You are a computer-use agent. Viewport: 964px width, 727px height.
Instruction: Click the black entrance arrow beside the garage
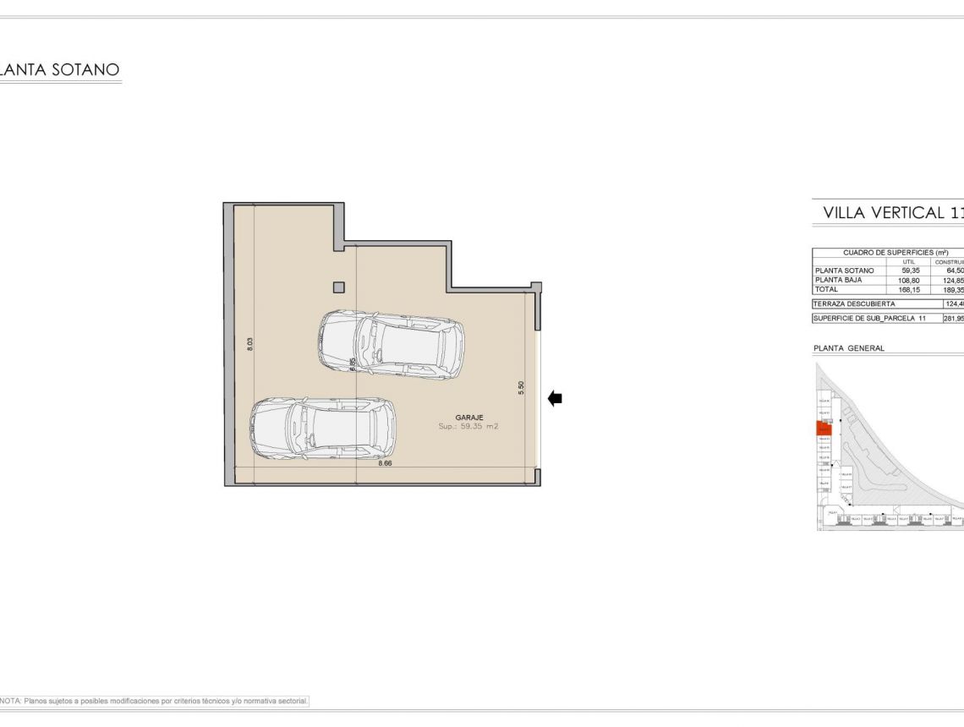point(556,399)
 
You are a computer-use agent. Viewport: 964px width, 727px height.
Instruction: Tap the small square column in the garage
point(338,287)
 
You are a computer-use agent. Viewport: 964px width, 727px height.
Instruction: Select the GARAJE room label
point(469,418)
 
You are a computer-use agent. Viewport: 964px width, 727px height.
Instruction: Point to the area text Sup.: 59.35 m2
point(468,428)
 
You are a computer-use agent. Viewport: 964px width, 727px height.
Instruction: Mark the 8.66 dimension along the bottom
point(386,464)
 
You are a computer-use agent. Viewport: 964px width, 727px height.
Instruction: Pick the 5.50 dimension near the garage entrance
point(522,386)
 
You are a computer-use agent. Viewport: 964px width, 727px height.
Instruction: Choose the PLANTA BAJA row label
point(837,280)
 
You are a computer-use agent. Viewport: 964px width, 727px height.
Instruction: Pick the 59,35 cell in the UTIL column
point(910,271)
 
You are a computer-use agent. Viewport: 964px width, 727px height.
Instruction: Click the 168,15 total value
point(910,289)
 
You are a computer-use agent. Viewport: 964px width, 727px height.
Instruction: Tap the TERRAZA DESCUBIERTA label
point(854,303)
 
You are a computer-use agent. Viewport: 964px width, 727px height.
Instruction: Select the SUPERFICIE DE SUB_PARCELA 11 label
point(869,319)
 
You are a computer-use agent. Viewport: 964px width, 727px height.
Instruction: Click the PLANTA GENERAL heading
point(849,348)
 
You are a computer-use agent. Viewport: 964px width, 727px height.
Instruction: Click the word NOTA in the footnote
point(11,701)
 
